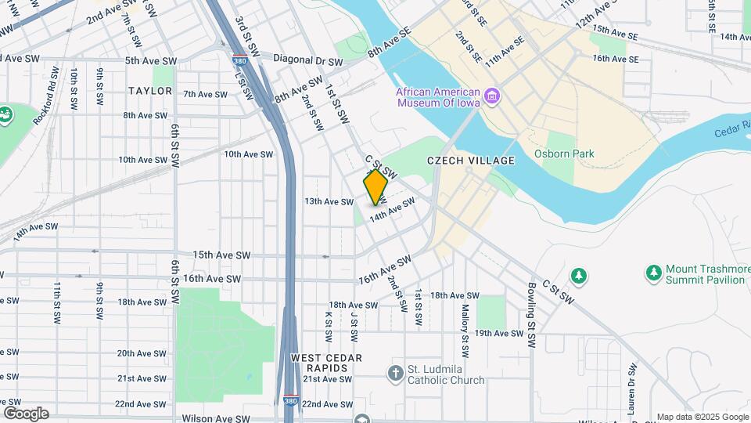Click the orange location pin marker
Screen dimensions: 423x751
point(375,186)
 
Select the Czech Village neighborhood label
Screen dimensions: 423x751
point(471,161)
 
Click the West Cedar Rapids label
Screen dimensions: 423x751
point(326,363)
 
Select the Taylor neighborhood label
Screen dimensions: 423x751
point(150,91)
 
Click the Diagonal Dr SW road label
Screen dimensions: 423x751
point(308,60)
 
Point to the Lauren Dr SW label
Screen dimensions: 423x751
point(630,392)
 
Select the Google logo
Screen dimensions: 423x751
point(26,413)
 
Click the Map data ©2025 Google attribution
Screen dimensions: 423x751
point(702,417)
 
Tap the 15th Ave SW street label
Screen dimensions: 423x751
point(221,255)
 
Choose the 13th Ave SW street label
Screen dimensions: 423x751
point(329,201)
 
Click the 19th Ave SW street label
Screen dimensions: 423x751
point(498,333)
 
